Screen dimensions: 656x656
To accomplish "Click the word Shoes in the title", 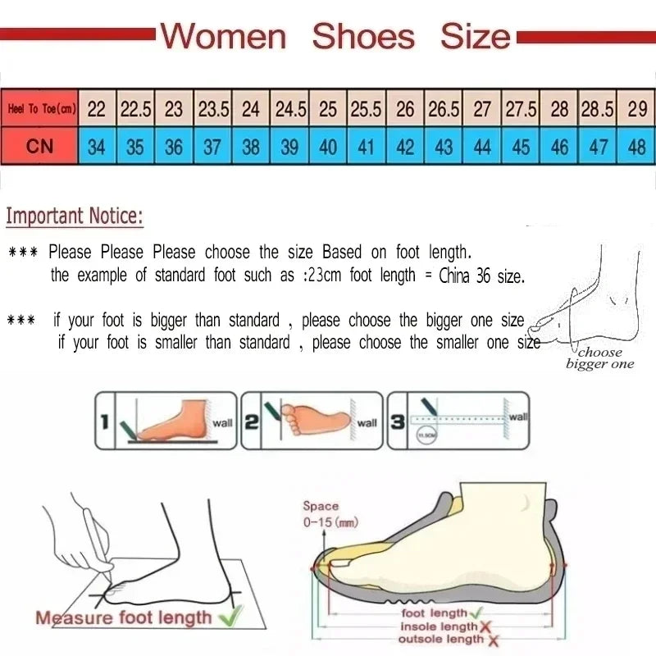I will pos(363,37).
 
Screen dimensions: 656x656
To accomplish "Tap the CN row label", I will pos(39,147).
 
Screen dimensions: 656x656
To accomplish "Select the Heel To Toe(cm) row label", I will pos(40,108).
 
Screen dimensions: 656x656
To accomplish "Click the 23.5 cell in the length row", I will pos(212,108).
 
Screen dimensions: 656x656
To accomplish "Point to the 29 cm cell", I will pos(636,108).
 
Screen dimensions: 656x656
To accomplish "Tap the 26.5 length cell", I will pos(444,108).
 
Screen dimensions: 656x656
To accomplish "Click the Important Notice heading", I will pos(75,216).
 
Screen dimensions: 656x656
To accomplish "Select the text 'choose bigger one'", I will pos(599,358).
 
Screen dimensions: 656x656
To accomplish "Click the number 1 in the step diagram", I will pos(105,422).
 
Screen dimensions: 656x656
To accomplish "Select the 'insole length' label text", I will pos(439,626).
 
